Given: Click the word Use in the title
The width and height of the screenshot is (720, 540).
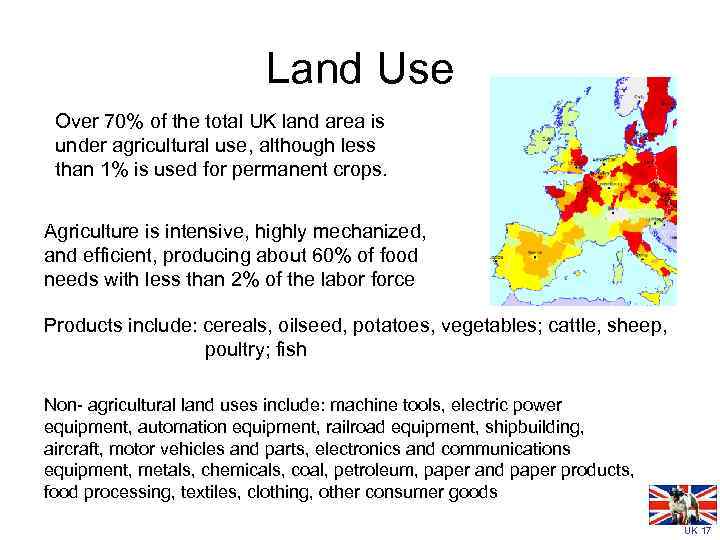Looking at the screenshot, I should point(410,69).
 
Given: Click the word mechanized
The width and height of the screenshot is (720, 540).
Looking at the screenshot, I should point(377,231).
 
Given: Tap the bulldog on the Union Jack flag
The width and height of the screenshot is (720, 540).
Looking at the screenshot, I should point(680,505).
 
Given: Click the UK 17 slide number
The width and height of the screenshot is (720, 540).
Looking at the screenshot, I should point(697,531).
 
